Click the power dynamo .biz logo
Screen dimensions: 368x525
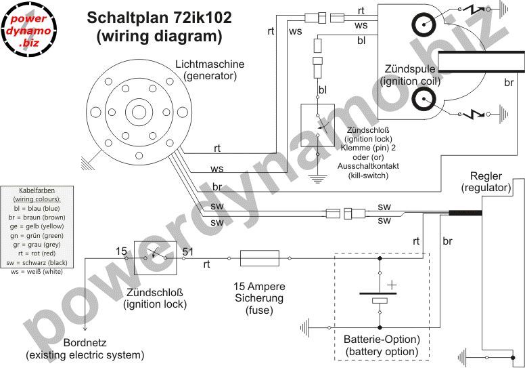[29, 29]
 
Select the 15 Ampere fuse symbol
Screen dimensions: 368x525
[259, 258]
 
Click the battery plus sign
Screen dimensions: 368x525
[390, 285]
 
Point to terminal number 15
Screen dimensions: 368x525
[121, 252]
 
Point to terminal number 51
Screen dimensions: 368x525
[189, 252]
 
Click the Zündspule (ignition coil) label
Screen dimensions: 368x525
[411, 75]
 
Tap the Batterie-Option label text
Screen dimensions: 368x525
[382, 339]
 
